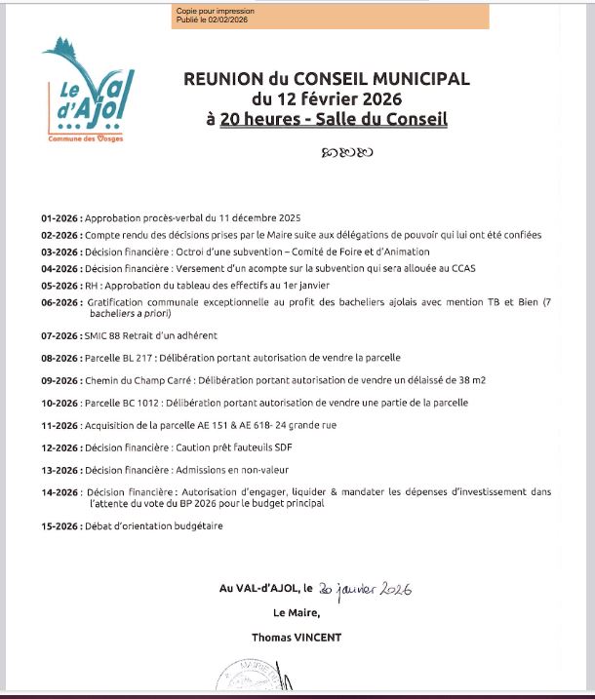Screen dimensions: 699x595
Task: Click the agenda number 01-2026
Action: pos(60,218)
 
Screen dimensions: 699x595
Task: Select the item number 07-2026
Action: pos(60,335)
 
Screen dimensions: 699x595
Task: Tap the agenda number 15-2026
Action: pos(60,526)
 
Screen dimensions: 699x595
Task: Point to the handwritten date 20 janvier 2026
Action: pos(365,589)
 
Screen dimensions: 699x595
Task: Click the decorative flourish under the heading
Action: pos(346,152)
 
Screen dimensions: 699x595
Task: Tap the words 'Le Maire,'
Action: pos(297,613)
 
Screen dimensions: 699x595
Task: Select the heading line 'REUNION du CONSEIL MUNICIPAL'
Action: pos(327,79)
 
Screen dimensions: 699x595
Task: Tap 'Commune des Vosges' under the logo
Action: pos(86,139)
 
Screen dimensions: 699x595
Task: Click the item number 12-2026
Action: pos(60,447)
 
